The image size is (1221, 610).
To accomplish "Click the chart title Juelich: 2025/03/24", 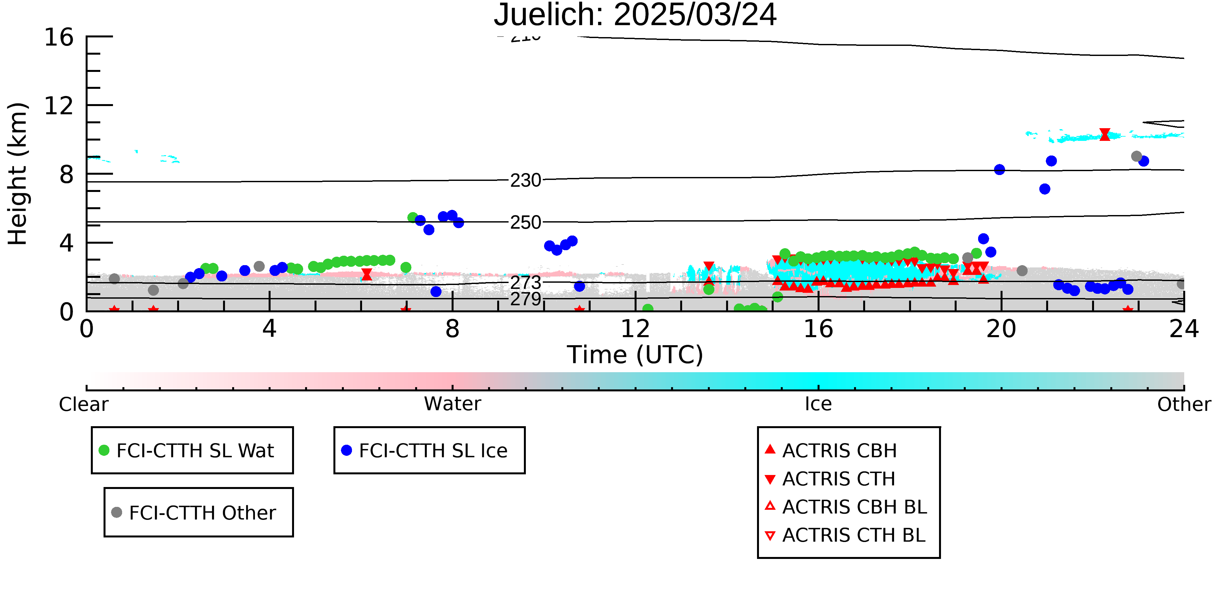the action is point(635,15).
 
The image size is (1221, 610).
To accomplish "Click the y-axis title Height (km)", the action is point(18,174).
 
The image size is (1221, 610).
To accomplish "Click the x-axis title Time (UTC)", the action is point(635,355).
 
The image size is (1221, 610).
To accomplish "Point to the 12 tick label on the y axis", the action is point(59,106).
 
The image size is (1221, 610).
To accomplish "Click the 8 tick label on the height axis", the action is point(66,174).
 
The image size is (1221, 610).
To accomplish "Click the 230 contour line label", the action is point(526,181).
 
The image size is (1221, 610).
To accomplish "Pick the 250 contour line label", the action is point(526,223).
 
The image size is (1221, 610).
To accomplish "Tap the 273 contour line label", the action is point(526,283).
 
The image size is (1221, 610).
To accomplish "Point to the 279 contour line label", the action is point(526,299).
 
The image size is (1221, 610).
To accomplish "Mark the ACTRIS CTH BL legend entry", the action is point(845,535).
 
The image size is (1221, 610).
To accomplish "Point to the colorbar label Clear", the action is point(83,404).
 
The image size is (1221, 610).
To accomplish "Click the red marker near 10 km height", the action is point(1105,134).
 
